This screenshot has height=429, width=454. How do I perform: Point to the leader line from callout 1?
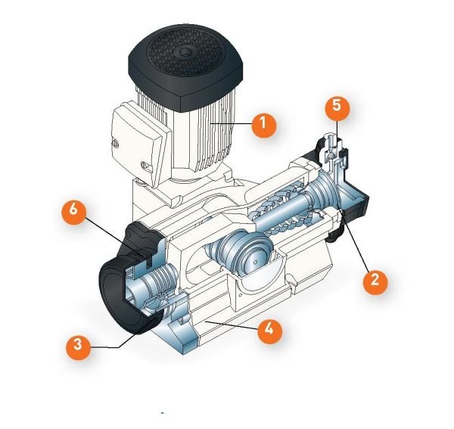pos(236,123)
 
